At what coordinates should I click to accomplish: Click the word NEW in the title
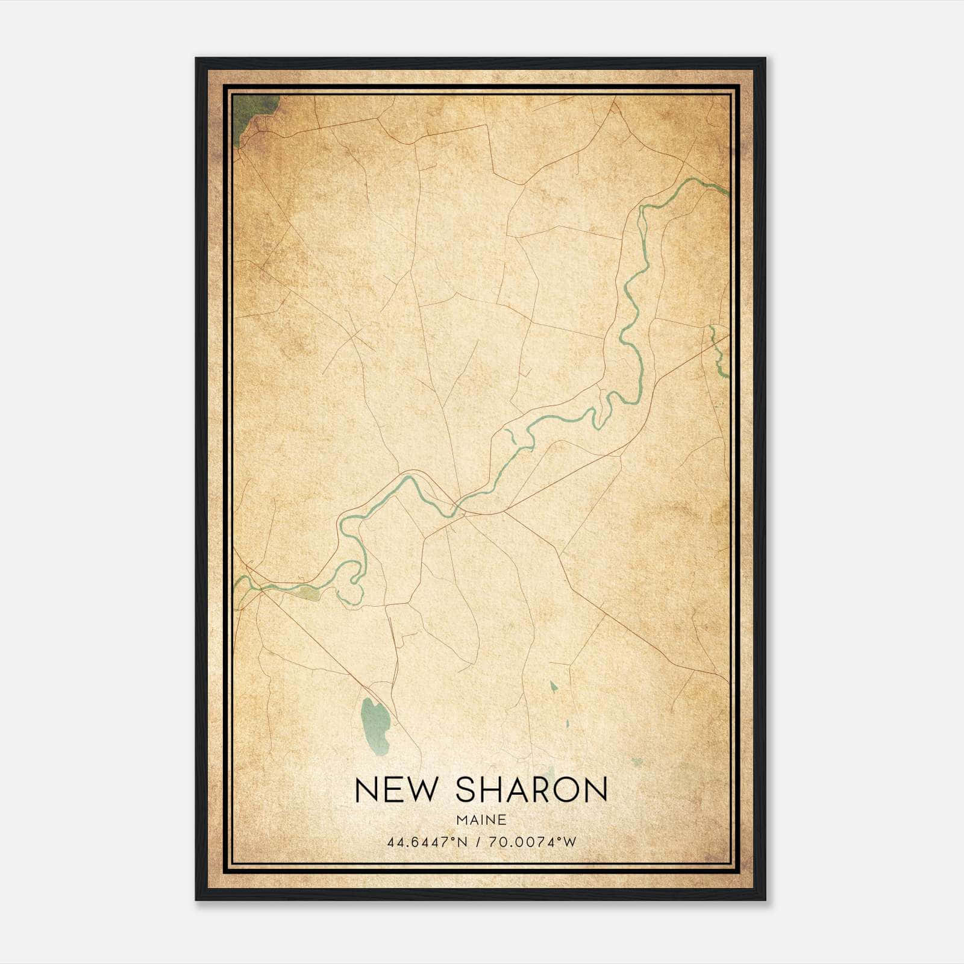(395, 790)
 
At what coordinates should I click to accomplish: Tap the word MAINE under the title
(481, 820)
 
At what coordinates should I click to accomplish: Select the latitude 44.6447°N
(428, 842)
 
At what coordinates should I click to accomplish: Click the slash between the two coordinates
(480, 842)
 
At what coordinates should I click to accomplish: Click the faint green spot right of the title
(636, 763)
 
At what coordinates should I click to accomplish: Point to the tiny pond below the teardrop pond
(567, 724)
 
